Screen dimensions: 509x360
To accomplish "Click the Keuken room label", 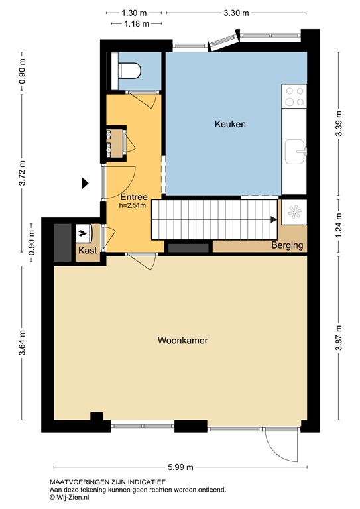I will [230, 124].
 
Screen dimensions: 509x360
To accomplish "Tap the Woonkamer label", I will [182, 341].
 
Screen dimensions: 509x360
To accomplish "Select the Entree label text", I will [133, 197].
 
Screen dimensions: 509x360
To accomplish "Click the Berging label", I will [287, 245].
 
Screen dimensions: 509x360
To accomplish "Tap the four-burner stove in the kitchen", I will [294, 97].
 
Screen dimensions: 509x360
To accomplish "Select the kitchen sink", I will [294, 150].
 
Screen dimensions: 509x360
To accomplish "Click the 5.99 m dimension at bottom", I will [181, 467].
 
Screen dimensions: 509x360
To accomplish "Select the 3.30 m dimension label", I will [235, 13].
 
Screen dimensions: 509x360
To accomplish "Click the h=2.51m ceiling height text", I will [133, 205].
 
